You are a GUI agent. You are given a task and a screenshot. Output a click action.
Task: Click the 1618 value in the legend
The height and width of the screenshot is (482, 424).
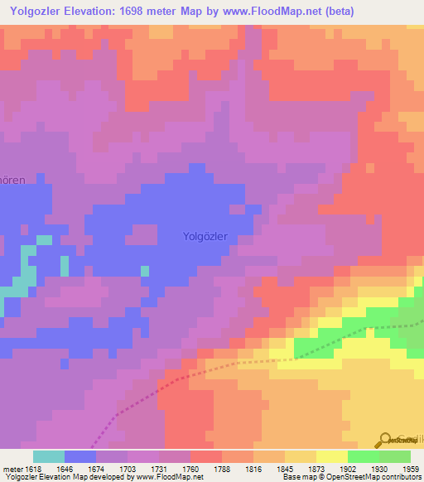pyautogui.click(x=31, y=468)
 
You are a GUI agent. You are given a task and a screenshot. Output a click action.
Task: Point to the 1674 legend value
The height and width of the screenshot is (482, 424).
pyautogui.click(x=96, y=468)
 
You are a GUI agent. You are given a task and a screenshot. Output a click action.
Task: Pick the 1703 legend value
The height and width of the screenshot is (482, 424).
pyautogui.click(x=128, y=468)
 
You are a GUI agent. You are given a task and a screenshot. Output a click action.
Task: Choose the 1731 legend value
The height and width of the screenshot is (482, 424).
pyautogui.click(x=159, y=468)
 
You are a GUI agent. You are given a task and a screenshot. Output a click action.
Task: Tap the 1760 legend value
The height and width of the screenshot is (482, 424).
pyautogui.click(x=190, y=468)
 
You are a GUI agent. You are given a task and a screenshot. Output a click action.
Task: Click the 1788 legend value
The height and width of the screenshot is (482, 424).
pyautogui.click(x=222, y=468)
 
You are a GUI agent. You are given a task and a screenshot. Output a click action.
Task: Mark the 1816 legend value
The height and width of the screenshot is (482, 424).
pyautogui.click(x=253, y=468)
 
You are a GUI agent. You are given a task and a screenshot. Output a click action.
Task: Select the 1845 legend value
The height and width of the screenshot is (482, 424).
pyautogui.click(x=285, y=468)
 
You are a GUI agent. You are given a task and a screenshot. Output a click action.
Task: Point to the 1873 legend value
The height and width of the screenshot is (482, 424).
pyautogui.click(x=316, y=468)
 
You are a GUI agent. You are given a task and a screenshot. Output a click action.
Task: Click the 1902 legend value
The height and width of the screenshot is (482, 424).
pyautogui.click(x=348, y=468)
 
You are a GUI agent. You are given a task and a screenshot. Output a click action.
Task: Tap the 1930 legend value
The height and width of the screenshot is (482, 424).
pyautogui.click(x=379, y=468)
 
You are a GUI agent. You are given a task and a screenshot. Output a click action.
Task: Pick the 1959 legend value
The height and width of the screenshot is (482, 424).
pyautogui.click(x=409, y=468)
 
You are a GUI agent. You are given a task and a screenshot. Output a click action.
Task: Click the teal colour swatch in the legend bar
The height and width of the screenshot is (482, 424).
pyautogui.click(x=49, y=456)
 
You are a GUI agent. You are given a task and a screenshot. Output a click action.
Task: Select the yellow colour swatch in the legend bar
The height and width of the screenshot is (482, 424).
pyautogui.click(x=332, y=456)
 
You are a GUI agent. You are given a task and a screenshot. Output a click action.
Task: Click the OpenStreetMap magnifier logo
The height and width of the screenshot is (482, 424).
pyautogui.click(x=385, y=439)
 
